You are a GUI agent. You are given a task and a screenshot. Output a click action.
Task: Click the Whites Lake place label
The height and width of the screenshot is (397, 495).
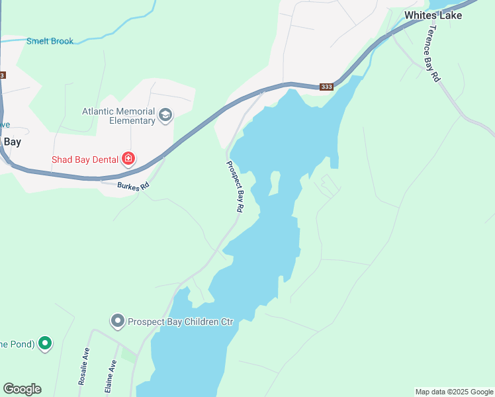(433, 15)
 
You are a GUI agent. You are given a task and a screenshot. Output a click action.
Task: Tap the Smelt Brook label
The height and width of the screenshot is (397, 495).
(50, 41)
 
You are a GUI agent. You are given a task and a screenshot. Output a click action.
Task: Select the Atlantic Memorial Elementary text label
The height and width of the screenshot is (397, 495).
(118, 116)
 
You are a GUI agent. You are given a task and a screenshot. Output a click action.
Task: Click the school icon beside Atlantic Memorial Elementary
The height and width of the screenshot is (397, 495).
(165, 116)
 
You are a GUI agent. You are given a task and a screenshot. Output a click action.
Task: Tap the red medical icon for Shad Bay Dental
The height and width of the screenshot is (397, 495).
(128, 159)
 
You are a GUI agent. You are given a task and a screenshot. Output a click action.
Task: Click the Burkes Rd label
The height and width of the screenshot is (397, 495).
(133, 187)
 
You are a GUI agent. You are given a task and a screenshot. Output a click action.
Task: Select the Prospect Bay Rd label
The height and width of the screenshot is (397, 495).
(235, 187)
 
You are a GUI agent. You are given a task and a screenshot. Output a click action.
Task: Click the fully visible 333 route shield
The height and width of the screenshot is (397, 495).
(326, 87)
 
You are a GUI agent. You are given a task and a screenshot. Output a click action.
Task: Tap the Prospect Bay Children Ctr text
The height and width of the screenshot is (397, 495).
(181, 322)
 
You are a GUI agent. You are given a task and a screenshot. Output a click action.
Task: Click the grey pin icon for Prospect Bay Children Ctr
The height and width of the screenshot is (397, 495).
(118, 322)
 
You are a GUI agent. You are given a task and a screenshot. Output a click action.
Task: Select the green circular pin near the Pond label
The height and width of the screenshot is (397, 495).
(45, 343)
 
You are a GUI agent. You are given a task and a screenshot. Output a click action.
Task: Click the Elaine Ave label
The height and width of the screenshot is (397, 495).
(112, 375)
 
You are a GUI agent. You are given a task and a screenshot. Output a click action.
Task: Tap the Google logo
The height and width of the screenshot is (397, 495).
(22, 389)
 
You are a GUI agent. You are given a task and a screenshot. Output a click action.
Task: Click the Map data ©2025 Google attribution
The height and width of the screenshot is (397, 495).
(454, 392)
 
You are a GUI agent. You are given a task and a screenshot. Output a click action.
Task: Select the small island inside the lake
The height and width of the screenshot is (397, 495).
(275, 183)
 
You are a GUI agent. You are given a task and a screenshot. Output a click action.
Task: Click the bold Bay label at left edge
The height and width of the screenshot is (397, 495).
(12, 142)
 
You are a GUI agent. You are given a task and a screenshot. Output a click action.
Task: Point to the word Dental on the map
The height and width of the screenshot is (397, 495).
(103, 159)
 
